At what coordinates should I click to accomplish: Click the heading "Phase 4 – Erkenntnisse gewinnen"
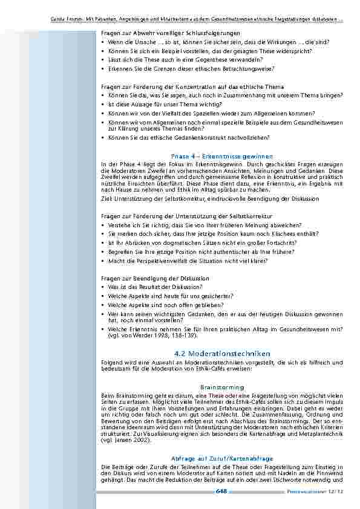[222, 155]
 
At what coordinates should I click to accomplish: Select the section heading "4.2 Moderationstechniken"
[222, 353]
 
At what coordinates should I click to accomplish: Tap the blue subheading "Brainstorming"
[222, 387]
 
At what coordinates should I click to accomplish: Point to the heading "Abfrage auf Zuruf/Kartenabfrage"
[222, 458]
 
